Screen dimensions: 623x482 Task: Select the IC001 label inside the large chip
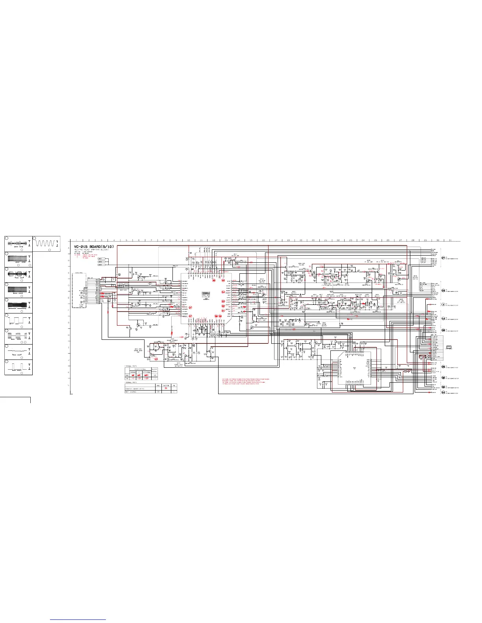pos(206,293)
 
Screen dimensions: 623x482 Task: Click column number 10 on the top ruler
pos(189,240)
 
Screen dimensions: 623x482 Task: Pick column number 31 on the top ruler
pos(450,240)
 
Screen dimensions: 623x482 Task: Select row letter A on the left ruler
pos(70,248)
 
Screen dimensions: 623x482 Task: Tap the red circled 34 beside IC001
pos(223,292)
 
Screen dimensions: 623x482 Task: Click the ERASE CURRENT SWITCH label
pos(172,341)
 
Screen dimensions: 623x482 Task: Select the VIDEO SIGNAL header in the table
pos(141,369)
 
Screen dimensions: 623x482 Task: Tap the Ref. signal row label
pos(130,392)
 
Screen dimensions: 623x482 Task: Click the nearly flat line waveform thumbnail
pos(18,351)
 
